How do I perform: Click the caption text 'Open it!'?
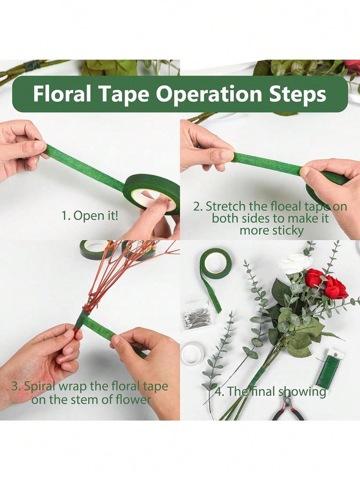coord(96,216)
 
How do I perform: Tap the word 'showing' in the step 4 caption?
coord(302,392)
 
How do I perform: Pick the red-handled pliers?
coord(287,406)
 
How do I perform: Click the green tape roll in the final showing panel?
coord(216,263)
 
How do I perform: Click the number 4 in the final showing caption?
coord(218,392)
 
